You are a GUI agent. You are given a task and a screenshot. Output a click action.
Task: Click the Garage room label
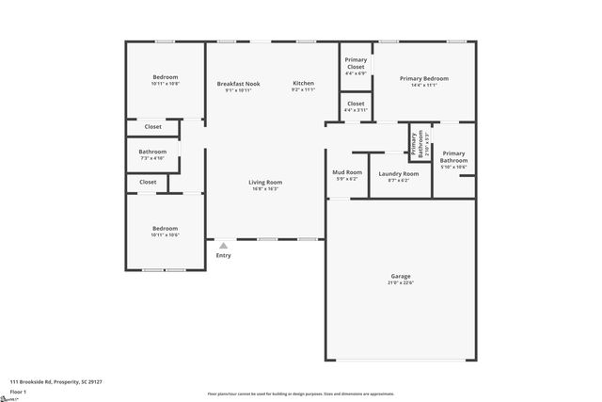[401, 276]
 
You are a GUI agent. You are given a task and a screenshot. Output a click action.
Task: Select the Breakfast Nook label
[238, 83]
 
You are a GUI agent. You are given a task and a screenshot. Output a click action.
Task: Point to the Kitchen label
[303, 83]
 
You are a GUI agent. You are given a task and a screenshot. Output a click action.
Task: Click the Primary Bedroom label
[423, 78]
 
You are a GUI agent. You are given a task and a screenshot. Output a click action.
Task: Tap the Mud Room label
[347, 172]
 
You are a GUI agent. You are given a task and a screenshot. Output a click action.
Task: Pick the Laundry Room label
[399, 173]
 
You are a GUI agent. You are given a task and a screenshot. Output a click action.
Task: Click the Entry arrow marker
[223, 246]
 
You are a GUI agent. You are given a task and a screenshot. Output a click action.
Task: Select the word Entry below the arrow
[223, 256]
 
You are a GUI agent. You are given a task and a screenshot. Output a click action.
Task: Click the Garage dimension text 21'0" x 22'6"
[401, 282]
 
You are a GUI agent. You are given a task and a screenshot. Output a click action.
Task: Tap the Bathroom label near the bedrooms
[152, 152]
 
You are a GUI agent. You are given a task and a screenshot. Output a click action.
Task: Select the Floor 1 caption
[18, 391]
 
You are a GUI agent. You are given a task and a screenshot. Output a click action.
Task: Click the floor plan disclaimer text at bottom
[300, 394]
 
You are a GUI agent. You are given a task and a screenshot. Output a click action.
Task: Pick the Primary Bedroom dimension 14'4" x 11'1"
[423, 86]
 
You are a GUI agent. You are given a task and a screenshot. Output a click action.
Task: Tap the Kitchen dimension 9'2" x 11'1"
[303, 90]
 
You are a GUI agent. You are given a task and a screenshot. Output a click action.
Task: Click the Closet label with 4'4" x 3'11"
[356, 104]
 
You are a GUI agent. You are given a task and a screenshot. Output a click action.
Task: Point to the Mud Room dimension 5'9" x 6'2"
[347, 180]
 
